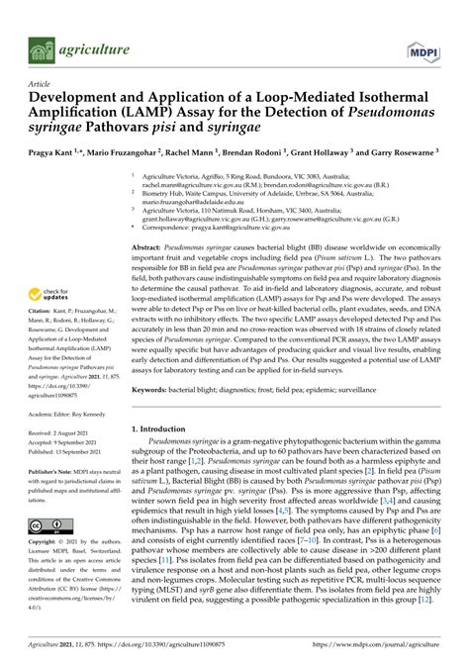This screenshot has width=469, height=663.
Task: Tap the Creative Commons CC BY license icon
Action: point(48,525)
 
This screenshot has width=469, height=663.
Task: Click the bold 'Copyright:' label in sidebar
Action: point(46,544)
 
